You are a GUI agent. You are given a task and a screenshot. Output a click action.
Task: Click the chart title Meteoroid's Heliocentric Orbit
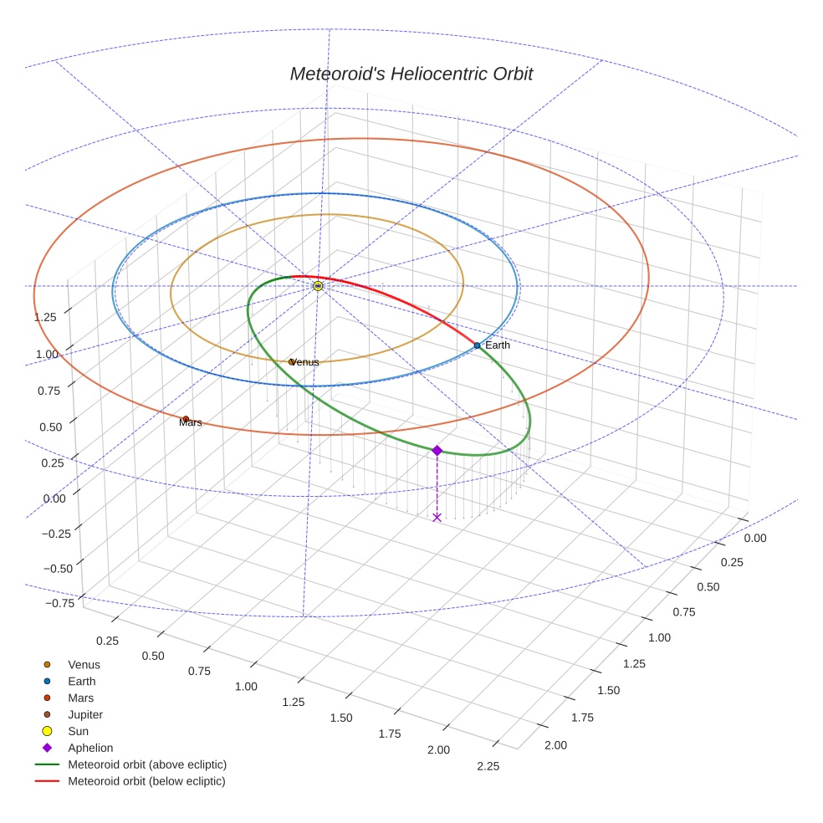[411, 74]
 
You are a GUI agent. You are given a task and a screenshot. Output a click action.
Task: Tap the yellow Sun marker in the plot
[318, 286]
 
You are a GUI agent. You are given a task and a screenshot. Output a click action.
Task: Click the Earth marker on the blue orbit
[477, 345]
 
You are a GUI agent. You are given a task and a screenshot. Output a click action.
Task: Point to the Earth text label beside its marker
[498, 345]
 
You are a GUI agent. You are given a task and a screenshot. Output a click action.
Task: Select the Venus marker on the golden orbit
[291, 362]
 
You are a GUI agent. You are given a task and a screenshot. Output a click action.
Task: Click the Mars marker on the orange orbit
[186, 419]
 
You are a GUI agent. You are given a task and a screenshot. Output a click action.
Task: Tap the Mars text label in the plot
[191, 423]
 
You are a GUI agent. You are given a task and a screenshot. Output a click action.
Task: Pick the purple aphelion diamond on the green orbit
[437, 450]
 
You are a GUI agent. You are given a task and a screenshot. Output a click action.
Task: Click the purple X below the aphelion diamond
[437, 518]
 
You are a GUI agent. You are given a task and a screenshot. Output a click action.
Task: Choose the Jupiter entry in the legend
[84, 715]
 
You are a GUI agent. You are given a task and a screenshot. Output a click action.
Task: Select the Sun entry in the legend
[79, 732]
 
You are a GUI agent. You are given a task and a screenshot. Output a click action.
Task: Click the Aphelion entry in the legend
[90, 749]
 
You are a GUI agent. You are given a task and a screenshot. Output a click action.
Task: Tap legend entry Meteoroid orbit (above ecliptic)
[147, 765]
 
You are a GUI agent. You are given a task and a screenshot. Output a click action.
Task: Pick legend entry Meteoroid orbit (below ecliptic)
[146, 782]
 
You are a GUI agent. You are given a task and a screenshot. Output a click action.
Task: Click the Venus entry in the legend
[84, 665]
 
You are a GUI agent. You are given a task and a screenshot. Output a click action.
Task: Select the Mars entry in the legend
[80, 698]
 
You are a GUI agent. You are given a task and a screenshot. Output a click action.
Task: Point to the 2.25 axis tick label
[487, 767]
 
